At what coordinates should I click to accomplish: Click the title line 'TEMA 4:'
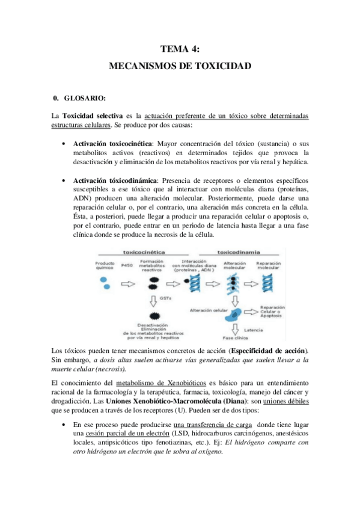tap(180, 50)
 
